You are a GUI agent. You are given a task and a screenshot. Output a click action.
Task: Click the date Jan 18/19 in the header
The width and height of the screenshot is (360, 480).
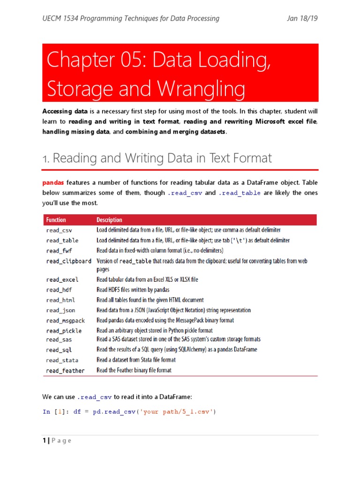pyautogui.click(x=302, y=19)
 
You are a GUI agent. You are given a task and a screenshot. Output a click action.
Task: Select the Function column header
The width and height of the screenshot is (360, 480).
pyautogui.click(x=56, y=220)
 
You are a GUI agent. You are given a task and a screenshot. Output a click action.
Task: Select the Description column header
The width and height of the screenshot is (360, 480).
pyautogui.click(x=109, y=220)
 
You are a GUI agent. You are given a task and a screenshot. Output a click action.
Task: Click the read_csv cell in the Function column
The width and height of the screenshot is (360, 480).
pyautogui.click(x=59, y=231)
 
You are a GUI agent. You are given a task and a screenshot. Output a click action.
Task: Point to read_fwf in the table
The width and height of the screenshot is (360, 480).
pyautogui.click(x=59, y=251)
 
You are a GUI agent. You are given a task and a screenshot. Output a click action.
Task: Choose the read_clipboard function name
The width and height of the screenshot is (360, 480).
pyautogui.click(x=68, y=261)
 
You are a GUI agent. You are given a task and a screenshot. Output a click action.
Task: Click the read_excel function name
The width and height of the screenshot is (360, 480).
pyautogui.click(x=62, y=280)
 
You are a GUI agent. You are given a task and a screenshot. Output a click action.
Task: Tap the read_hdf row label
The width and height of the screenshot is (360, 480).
pyautogui.click(x=59, y=290)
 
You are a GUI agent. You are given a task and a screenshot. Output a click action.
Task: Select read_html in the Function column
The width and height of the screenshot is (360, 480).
pyautogui.click(x=60, y=300)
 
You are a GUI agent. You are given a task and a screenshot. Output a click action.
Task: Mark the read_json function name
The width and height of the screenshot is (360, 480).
pyautogui.click(x=60, y=310)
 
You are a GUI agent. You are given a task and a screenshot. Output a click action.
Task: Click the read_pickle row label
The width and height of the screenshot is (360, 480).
pyautogui.click(x=63, y=331)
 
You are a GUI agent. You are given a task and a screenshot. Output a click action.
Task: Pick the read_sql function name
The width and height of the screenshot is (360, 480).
pyautogui.click(x=59, y=350)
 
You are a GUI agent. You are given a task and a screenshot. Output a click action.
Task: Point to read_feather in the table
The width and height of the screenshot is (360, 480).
pyautogui.click(x=65, y=371)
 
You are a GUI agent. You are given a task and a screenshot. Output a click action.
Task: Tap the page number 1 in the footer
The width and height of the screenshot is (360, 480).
pyautogui.click(x=44, y=441)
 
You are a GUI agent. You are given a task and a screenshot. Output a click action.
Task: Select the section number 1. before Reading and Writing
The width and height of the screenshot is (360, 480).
pyautogui.click(x=45, y=159)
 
